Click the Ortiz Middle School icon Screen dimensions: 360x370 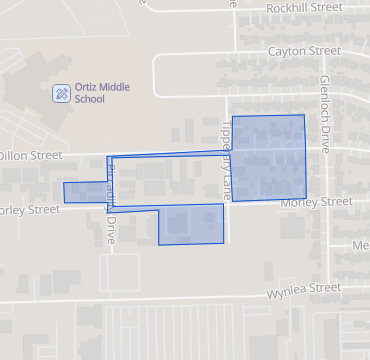click(62, 93)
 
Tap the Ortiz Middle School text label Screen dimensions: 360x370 click(102, 93)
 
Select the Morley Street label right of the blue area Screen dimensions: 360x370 click(316, 202)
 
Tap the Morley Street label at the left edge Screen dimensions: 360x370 click(30, 210)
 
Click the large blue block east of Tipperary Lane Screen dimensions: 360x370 click(268, 157)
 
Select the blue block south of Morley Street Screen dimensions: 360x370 click(191, 225)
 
